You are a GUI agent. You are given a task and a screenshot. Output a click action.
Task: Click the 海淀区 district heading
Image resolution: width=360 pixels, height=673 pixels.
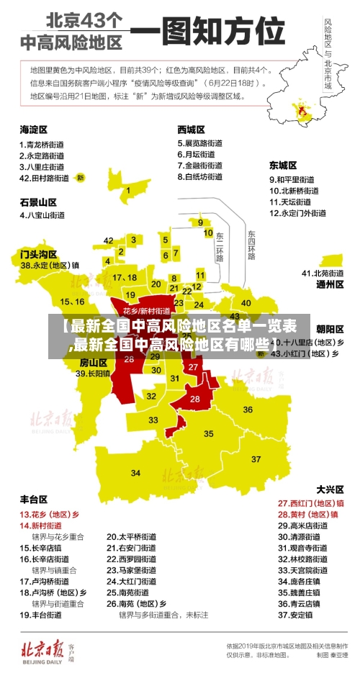point(33,130)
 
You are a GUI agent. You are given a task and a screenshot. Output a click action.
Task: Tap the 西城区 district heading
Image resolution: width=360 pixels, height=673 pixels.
point(191,130)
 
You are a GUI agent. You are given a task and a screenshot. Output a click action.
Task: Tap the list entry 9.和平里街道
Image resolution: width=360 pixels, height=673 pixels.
point(292,179)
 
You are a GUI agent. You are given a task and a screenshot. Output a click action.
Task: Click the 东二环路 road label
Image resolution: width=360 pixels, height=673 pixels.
point(220,247)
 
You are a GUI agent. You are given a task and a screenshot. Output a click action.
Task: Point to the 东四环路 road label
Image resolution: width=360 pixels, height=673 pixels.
point(251,245)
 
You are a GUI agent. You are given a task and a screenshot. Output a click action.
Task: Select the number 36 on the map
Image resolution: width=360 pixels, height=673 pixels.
point(248,410)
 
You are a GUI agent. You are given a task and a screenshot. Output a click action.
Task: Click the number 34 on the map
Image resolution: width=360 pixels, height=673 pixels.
point(136,473)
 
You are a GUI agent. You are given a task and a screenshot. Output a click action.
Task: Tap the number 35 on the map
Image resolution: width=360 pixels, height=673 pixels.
point(209,434)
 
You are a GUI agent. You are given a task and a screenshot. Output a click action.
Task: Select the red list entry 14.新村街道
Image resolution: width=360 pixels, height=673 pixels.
point(41,525)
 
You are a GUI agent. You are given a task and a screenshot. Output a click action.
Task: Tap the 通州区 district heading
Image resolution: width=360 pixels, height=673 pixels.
point(330,284)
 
